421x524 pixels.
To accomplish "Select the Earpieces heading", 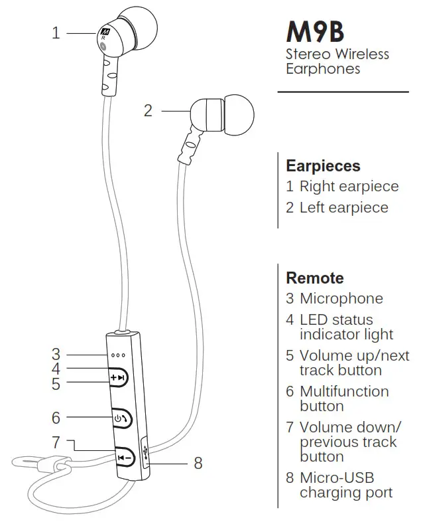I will pos(323,165).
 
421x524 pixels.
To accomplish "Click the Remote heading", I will pos(314,278).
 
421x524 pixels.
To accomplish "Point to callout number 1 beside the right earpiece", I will pos(56,32).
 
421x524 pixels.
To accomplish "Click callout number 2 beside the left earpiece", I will pos(148,110).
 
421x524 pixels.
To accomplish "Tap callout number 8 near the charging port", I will pos(198,463).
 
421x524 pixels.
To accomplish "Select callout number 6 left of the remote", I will pos(56,418).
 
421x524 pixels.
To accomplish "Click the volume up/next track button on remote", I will pos(119,379).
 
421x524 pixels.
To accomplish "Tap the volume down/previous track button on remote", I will pos(123,457).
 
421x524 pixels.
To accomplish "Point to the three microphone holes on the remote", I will pos(119,355).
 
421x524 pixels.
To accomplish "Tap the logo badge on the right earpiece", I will pos(105,32).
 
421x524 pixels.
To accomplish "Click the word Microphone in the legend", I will pos(341,299).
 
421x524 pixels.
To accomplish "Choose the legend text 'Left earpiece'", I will pos(343,207).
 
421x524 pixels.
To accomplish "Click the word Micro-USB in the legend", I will pos(337,478).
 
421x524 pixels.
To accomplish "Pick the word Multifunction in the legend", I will pos(344,391).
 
